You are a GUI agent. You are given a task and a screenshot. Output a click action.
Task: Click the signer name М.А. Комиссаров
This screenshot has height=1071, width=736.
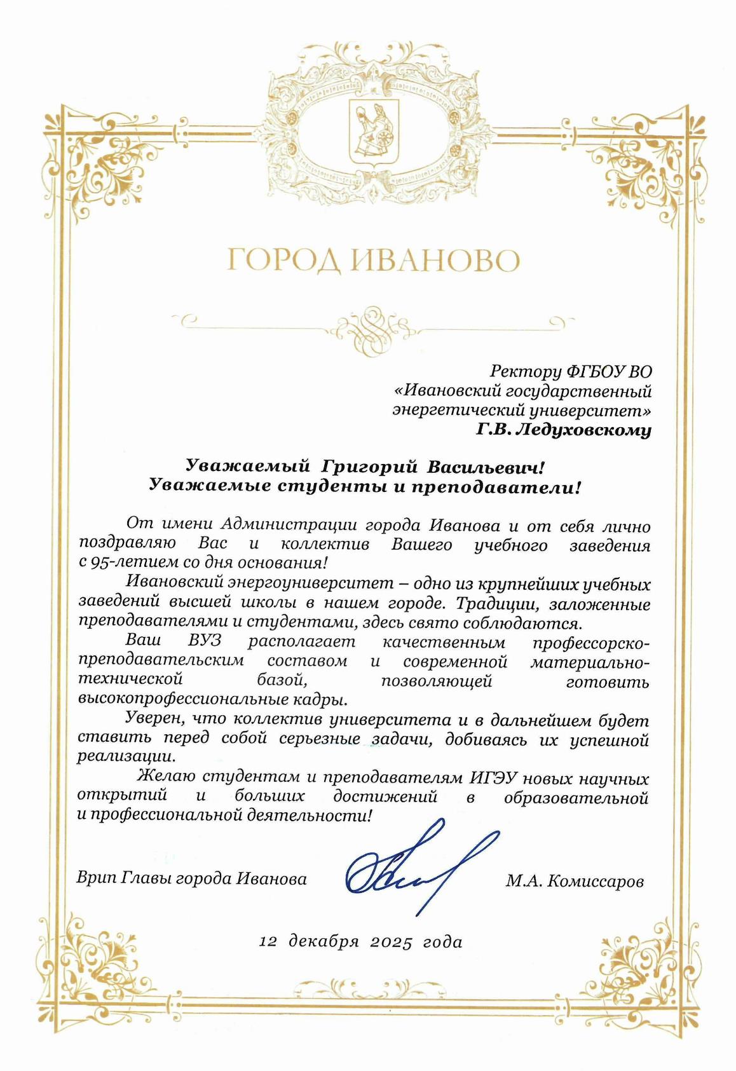point(575,882)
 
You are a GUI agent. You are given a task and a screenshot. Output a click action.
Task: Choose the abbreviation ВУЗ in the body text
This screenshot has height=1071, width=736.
point(204,641)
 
